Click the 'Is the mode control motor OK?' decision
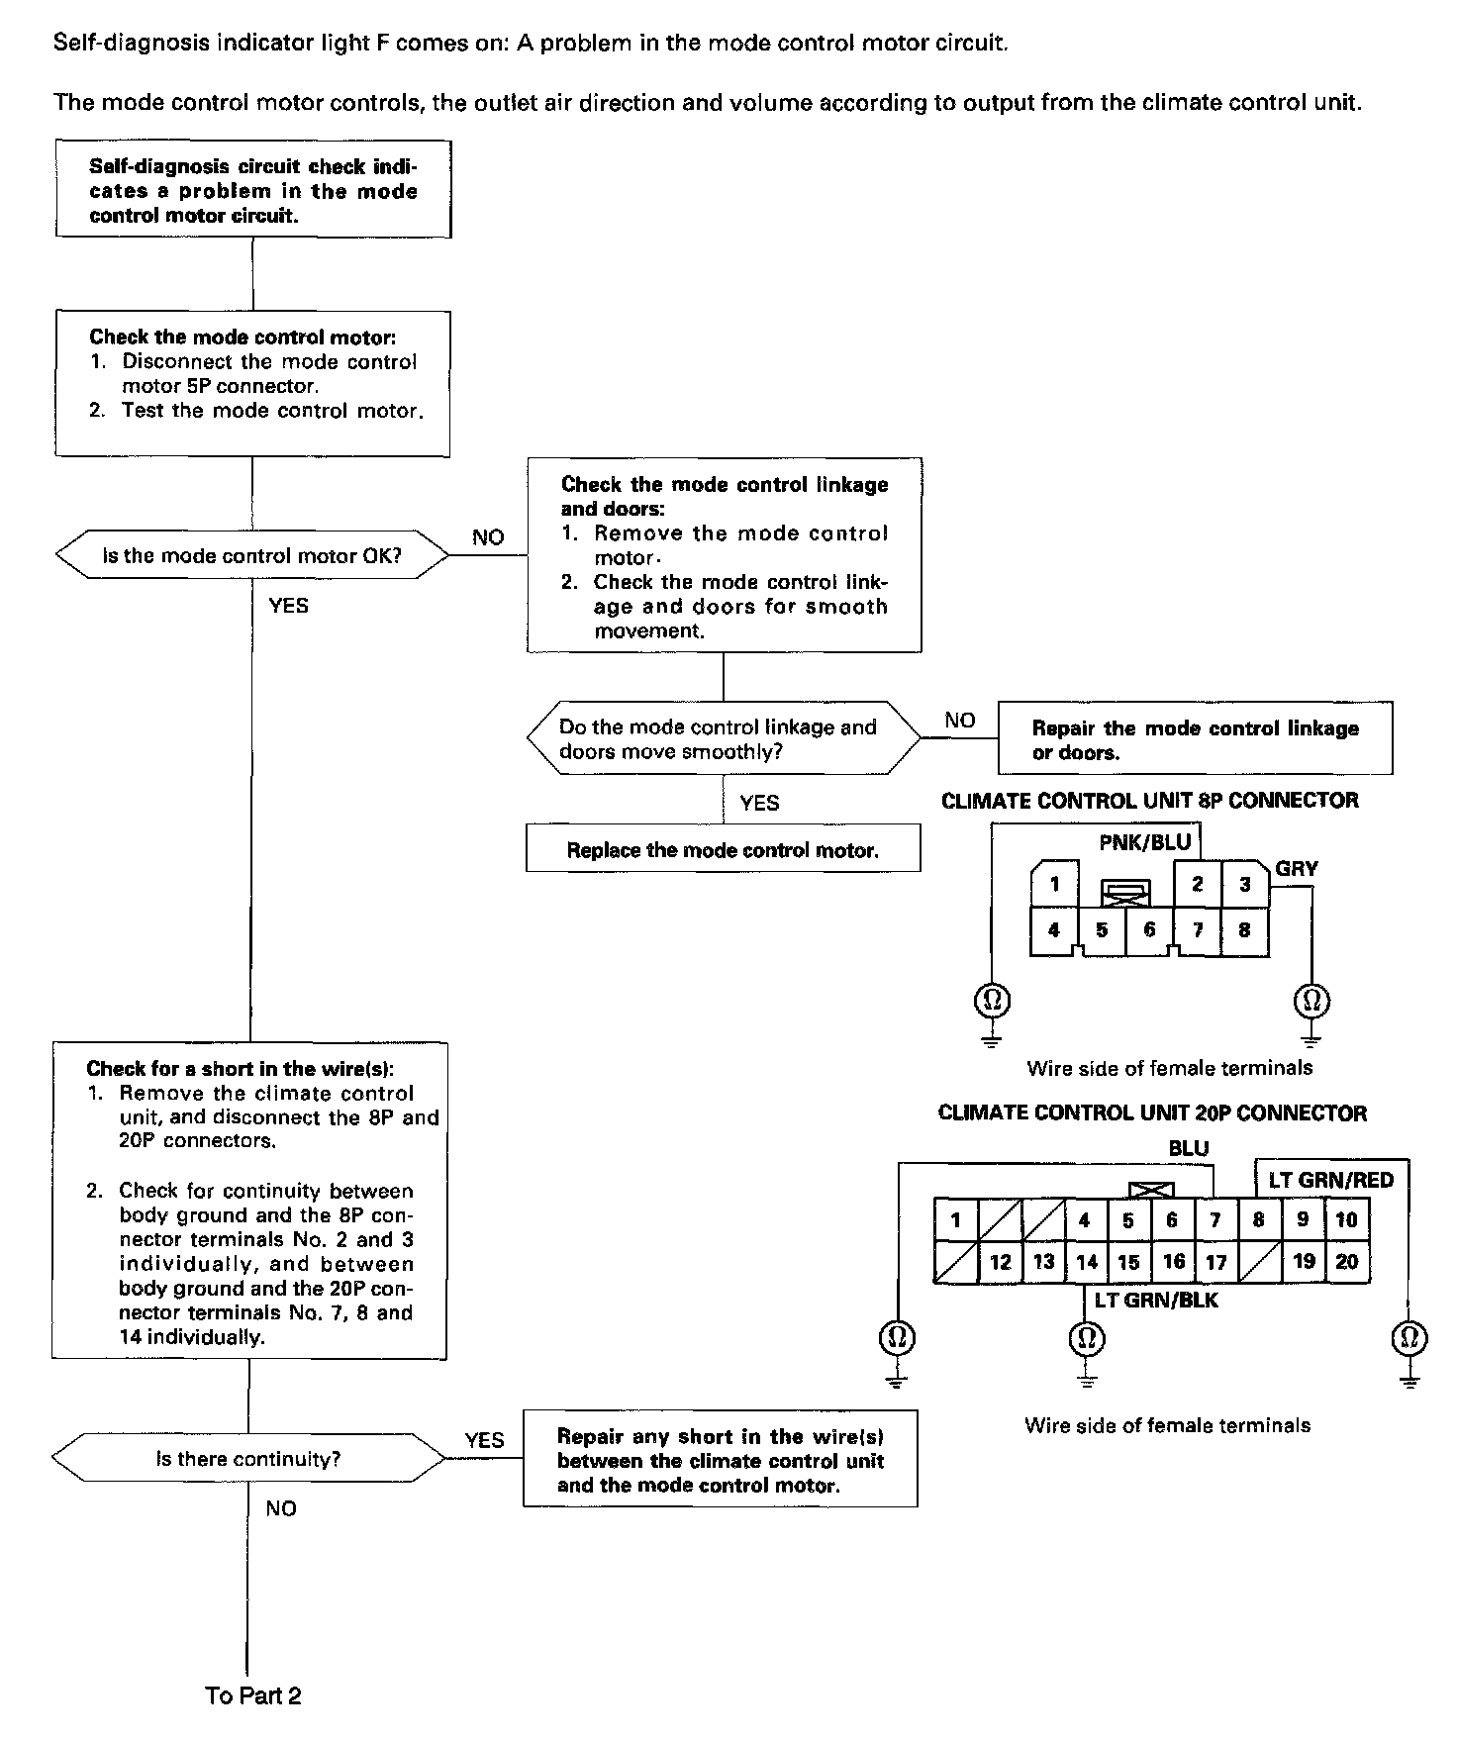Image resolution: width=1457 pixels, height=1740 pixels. point(252,556)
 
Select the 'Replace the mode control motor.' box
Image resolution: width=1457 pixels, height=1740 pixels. point(723,850)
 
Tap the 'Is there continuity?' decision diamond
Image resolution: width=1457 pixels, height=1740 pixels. point(248,1459)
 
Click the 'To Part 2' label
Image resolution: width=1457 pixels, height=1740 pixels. point(253,1695)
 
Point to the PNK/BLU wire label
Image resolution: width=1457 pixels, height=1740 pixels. point(1145,843)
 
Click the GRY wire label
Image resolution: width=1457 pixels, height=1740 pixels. point(1296,869)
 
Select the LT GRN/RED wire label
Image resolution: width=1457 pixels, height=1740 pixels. point(1330,1180)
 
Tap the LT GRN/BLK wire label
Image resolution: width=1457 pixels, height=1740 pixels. point(1156,1301)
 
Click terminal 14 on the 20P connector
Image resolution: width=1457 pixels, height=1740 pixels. point(1086,1262)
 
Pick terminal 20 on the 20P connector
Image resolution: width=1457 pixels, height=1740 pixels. point(1346,1262)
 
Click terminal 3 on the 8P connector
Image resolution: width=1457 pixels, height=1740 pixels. point(1245,884)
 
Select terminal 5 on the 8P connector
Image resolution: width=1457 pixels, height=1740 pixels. point(1102,930)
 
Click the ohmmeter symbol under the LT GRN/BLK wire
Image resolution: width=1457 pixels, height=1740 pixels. point(1086,1339)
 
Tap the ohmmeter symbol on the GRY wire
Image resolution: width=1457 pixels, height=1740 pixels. point(1311,1001)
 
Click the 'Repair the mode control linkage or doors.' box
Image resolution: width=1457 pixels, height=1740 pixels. point(1195,739)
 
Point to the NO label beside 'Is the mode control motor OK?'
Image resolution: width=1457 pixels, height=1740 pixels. point(488,537)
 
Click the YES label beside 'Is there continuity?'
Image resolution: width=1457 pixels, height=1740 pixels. point(484,1440)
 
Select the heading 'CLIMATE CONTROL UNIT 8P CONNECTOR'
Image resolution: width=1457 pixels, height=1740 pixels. point(1150,801)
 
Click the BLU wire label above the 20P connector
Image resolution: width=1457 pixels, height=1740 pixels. point(1189,1149)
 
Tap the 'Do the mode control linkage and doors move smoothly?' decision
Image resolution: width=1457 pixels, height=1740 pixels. point(723,739)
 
